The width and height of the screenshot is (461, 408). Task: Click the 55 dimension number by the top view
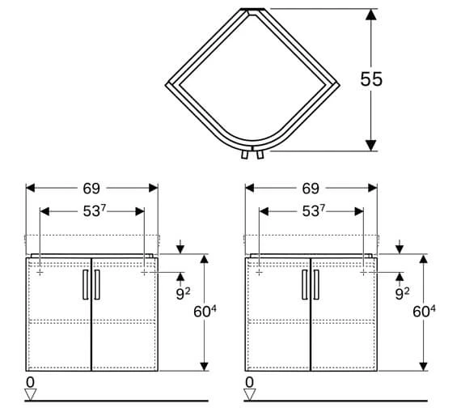pyautogui.click(x=371, y=79)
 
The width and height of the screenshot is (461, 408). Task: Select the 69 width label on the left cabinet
pyautogui.click(x=91, y=189)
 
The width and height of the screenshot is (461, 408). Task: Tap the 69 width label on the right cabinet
pyautogui.click(x=311, y=189)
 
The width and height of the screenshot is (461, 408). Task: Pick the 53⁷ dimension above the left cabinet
pyautogui.click(x=95, y=210)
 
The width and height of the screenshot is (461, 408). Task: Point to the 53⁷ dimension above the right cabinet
pyautogui.click(x=314, y=210)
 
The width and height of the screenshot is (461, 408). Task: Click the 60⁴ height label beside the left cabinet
pyautogui.click(x=205, y=312)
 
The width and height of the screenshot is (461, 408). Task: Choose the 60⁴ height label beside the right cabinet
pyautogui.click(x=424, y=312)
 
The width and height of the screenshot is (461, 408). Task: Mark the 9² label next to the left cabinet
pyautogui.click(x=183, y=294)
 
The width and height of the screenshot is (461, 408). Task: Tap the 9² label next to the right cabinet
pyautogui.click(x=402, y=294)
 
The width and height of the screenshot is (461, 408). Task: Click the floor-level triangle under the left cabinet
pyautogui.click(x=30, y=394)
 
